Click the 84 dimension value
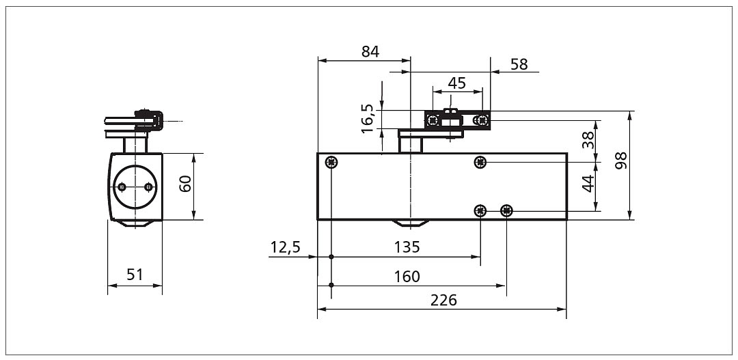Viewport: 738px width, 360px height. [x=370, y=52]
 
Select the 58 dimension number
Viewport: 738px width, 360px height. [x=519, y=64]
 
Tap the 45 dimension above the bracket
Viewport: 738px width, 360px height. [x=456, y=83]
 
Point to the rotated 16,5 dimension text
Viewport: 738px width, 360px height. [x=368, y=119]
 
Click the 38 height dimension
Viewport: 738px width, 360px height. [x=588, y=140]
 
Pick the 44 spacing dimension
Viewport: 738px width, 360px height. [x=588, y=184]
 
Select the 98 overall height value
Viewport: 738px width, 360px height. [x=621, y=161]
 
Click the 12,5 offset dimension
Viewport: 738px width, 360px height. [x=285, y=247]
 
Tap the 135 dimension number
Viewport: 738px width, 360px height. [x=407, y=247]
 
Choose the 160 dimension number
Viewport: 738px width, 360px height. [x=407, y=276]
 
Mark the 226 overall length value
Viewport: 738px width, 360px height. [x=443, y=301]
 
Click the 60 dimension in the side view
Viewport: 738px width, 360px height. [x=185, y=184]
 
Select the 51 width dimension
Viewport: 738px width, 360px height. [x=135, y=275]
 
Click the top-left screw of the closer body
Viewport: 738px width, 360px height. [x=331, y=163]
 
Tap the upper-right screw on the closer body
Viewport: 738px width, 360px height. [x=480, y=163]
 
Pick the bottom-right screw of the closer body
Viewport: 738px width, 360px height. [x=506, y=210]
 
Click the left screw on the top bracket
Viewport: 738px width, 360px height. [x=433, y=120]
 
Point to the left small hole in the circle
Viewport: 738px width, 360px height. [x=122, y=187]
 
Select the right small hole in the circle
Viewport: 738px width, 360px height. [x=149, y=187]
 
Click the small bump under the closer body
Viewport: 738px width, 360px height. [x=411, y=223]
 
